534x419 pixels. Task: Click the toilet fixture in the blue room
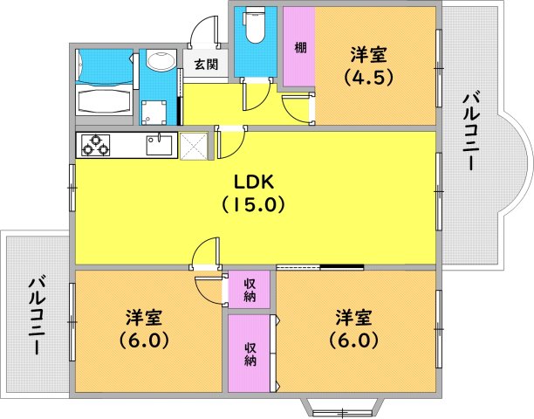[x=254, y=25]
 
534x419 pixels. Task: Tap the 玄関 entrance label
[x=206, y=65]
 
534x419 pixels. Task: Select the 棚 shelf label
[x=300, y=47]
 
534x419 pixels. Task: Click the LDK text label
[x=254, y=182]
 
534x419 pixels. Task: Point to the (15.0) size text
[x=253, y=205]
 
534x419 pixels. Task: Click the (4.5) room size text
[x=369, y=78]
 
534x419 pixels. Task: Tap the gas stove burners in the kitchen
[x=96, y=145]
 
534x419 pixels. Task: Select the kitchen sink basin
[x=160, y=146]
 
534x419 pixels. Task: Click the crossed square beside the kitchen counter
[x=194, y=146]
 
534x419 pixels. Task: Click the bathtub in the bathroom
[x=104, y=99]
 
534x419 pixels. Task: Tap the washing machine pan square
[x=154, y=113]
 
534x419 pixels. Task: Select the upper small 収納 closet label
[x=250, y=290]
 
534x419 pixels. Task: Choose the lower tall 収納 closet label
[x=250, y=354]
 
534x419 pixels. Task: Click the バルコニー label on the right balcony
[x=471, y=132]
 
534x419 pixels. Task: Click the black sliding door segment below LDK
[x=342, y=267]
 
